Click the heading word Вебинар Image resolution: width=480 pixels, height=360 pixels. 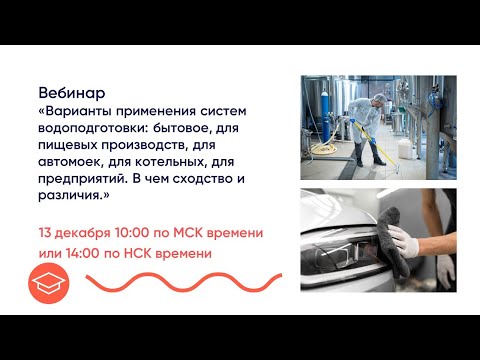70,90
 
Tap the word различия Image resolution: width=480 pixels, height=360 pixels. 78,198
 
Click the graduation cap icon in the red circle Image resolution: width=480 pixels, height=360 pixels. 49,286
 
